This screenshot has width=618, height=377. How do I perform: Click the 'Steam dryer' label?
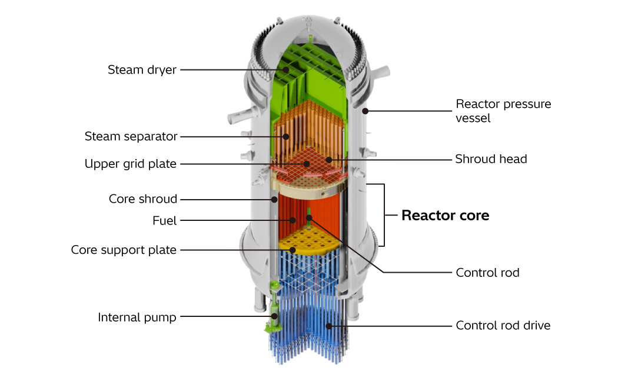click(142, 70)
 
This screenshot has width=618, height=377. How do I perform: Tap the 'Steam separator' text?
click(131, 137)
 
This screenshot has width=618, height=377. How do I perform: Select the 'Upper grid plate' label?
click(131, 164)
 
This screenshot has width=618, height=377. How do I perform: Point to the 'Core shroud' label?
click(142, 199)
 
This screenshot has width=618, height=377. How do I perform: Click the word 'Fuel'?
click(165, 221)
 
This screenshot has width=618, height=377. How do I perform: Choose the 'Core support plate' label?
click(124, 250)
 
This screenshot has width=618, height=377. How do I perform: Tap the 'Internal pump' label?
click(137, 318)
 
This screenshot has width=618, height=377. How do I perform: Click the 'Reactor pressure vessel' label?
click(503, 111)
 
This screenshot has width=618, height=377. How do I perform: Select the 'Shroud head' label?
click(491, 159)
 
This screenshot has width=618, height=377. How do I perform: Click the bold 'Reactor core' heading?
click(445, 216)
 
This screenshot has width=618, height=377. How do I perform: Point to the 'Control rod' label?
click(487, 273)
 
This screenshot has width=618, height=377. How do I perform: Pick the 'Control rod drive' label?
click(503, 325)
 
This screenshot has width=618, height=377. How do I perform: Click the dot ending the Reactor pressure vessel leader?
click(366, 110)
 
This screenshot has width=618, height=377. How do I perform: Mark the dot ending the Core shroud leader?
click(275, 199)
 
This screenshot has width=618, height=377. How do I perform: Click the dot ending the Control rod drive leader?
click(330, 325)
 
